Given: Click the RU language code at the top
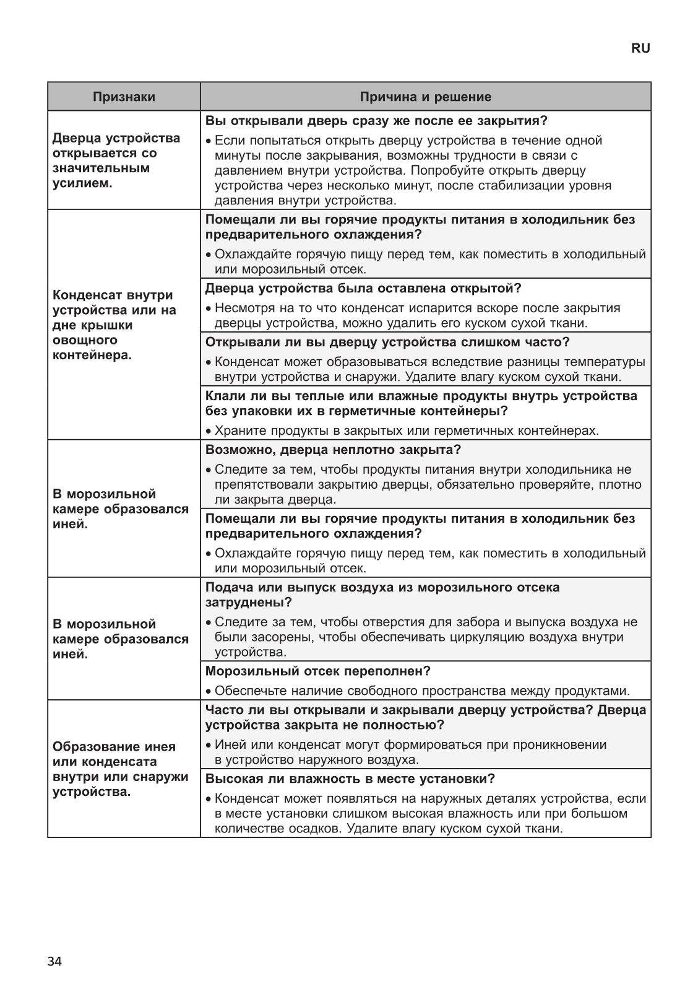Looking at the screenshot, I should coord(640,48).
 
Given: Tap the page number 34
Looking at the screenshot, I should coord(54,961).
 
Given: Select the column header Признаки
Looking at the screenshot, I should coord(124,97).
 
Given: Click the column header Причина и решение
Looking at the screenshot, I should coord(426,97).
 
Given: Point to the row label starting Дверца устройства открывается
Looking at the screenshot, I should coord(117,160).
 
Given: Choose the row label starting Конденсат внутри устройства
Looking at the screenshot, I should coord(114,325).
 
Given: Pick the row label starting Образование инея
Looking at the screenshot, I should coord(121,769).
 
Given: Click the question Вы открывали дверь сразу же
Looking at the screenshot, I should coord(376,120).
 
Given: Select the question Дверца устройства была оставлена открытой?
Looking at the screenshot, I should coord(363,288).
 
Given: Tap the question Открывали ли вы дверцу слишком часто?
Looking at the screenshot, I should coord(387,342).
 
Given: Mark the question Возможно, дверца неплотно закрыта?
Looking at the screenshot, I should coord(333,449).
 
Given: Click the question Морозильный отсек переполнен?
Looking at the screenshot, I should coord(317,671).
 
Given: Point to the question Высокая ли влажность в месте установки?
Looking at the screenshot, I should coord(350,779).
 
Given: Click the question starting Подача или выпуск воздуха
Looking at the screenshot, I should coord(382,595).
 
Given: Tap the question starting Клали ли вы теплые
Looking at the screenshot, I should coord(421,403).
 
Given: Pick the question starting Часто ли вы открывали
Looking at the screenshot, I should coord(425,717).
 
